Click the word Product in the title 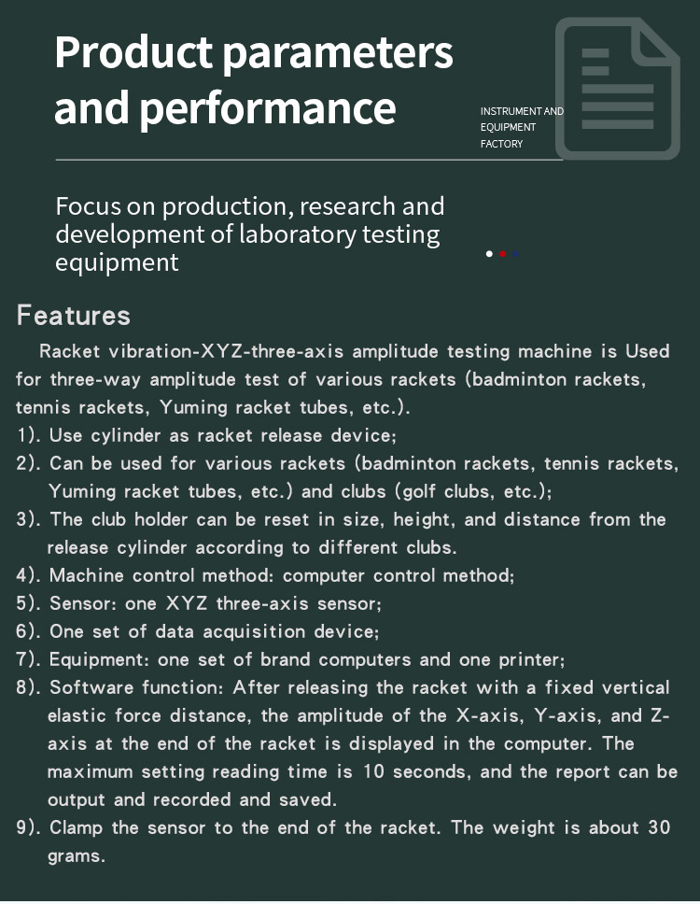133,53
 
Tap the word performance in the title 267,107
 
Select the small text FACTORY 501,144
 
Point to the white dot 489,253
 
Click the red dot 503,253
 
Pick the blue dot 515,253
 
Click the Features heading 73,315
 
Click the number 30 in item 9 658,827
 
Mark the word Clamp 76,827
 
